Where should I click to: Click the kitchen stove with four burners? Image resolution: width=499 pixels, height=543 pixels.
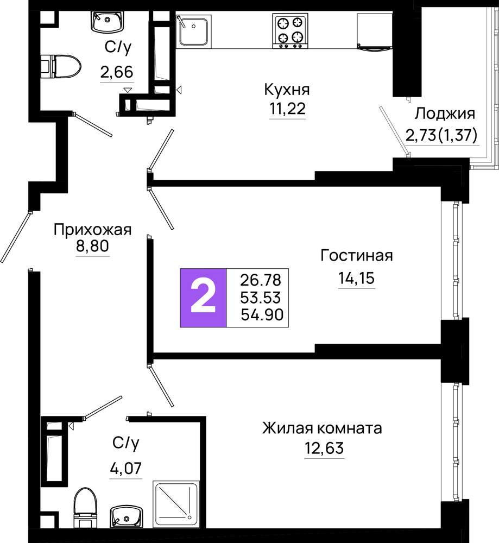tap(290, 31)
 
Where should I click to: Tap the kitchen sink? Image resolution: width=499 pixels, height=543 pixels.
tap(193, 30)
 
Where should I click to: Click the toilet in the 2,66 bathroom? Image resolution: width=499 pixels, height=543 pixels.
tap(60, 66)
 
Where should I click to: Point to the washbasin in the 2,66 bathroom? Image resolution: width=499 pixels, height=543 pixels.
tap(108, 22)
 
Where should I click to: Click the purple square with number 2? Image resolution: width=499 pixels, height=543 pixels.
tap(203, 298)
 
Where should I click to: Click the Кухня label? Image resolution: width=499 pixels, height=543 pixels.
tap(287, 90)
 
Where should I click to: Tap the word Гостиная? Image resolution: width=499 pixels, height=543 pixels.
tap(357, 255)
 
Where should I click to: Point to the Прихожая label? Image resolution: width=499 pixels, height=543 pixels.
tap(92, 230)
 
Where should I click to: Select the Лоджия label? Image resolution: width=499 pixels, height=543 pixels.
tap(445, 113)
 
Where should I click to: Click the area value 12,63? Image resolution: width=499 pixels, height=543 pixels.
tap(324, 448)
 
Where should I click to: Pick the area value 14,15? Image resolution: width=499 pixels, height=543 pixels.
tap(357, 277)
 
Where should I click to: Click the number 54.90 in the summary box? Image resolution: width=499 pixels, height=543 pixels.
tap(262, 315)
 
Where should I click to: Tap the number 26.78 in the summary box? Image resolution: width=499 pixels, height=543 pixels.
tap(261, 280)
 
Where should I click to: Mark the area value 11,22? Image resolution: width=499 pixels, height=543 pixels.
tap(288, 109)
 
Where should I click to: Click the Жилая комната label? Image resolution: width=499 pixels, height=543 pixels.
tap(322, 428)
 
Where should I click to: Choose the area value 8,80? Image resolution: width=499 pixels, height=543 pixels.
tap(92, 246)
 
